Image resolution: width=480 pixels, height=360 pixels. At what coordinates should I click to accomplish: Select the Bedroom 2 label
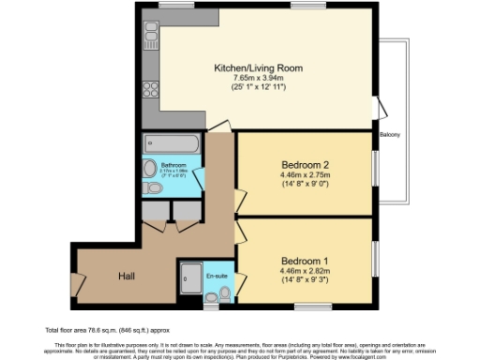[x=305, y=162]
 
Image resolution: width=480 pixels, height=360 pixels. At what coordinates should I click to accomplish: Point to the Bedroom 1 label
[x=305, y=262]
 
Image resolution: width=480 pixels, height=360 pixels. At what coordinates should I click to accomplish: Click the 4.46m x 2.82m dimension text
[x=305, y=272]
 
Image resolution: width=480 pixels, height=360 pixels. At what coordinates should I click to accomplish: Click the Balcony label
[x=390, y=135]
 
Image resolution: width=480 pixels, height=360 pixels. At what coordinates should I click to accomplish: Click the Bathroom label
[x=173, y=166]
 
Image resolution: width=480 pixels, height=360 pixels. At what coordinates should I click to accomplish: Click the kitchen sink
[x=149, y=38]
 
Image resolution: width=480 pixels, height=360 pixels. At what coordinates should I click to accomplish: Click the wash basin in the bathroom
[x=150, y=169]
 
